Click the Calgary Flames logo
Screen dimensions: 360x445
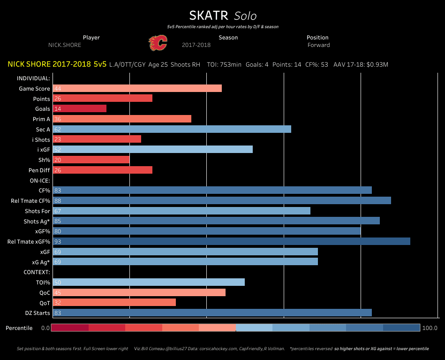click(158, 43)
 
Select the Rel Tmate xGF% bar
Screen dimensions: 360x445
click(231, 241)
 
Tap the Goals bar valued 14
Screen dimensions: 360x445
click(80, 108)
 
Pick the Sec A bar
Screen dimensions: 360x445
click(172, 129)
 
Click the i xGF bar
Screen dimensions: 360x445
click(152, 149)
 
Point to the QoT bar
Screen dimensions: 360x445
click(114, 303)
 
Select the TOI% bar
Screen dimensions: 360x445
click(149, 282)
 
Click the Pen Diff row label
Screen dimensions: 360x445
click(39, 170)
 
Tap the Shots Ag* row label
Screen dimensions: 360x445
click(37, 221)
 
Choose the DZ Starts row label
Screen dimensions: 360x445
click(38, 313)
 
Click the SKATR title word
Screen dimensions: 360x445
click(209, 15)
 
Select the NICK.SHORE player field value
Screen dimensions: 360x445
click(65, 45)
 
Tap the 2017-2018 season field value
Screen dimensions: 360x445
click(196, 45)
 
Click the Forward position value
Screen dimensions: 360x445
click(319, 45)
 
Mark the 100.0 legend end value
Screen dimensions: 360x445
click(430, 328)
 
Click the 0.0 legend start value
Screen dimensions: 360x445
click(45, 328)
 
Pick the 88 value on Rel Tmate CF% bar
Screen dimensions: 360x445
click(58, 201)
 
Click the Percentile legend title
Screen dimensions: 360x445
click(19, 328)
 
